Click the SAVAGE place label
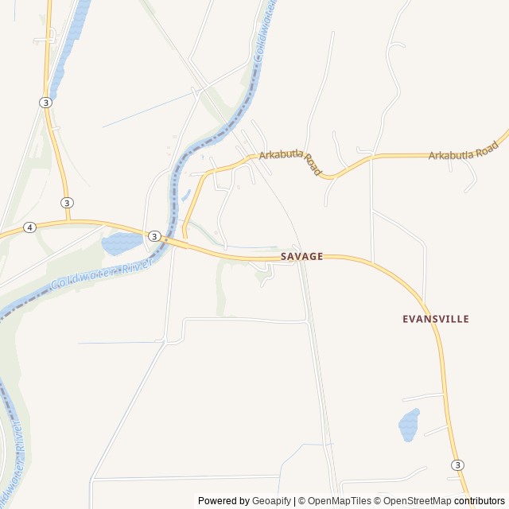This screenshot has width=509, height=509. pos(301,256)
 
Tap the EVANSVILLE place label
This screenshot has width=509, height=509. pos(436,319)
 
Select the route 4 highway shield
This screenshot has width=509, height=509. pos(29,227)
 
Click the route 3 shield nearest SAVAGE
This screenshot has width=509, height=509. pos(154,236)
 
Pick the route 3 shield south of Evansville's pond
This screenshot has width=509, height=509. pos(457,464)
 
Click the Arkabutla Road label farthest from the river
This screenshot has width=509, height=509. pos(463,150)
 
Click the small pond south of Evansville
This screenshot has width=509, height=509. pos(409,425)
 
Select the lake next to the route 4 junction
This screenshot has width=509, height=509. pos(121,243)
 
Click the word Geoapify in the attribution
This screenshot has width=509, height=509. pos(271,501)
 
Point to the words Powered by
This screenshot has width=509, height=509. pos(223,501)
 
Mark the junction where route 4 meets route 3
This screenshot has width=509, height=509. pos(68,222)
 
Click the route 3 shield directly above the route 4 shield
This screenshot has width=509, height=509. pos(67,203)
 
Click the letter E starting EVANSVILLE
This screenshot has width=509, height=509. pos(406,319)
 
